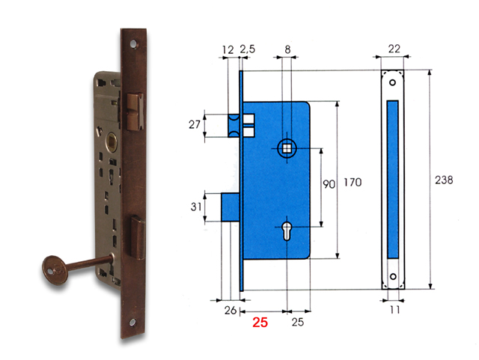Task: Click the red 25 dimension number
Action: point(260,323)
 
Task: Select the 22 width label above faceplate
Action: point(393,49)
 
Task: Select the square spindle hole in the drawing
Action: point(287,147)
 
